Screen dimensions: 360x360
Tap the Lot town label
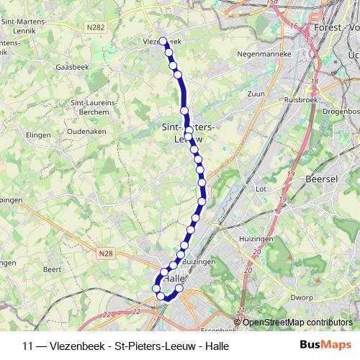(261, 189)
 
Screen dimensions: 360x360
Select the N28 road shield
(106, 253)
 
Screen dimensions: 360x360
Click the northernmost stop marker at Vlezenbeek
(163, 41)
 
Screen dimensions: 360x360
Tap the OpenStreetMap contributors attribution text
(297, 323)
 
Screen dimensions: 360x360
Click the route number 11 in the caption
(29, 346)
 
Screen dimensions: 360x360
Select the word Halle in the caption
(214, 346)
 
